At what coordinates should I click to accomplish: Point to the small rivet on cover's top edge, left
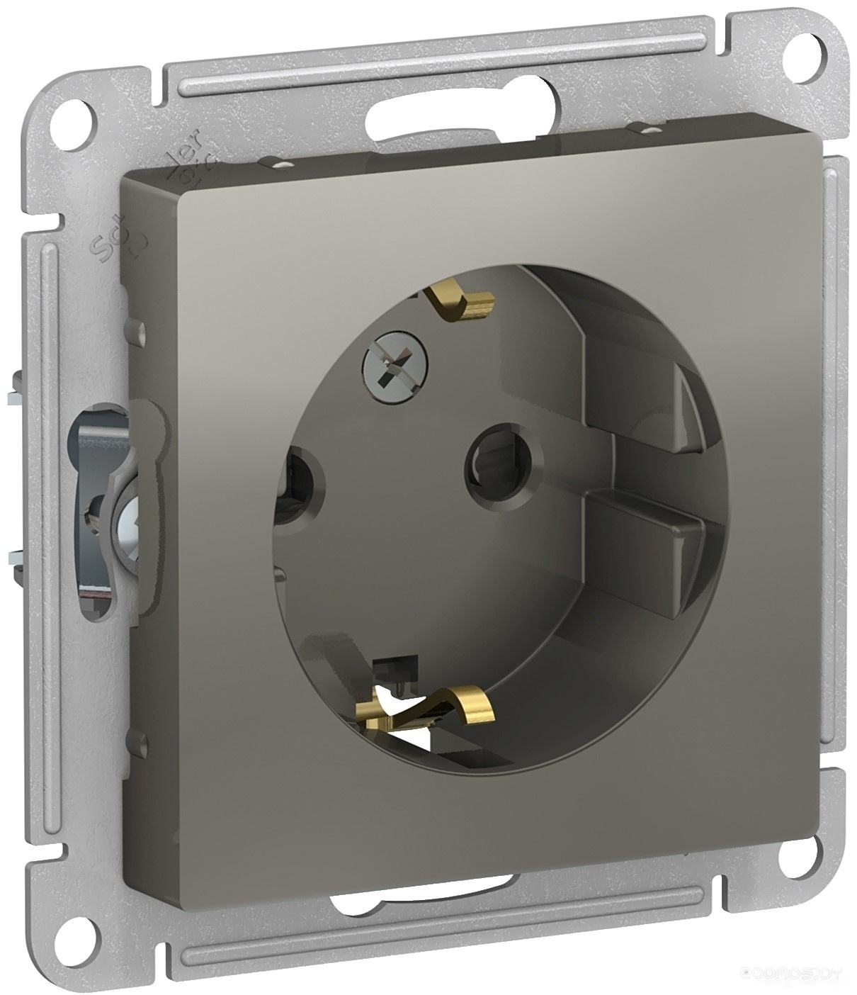click(x=283, y=165)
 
